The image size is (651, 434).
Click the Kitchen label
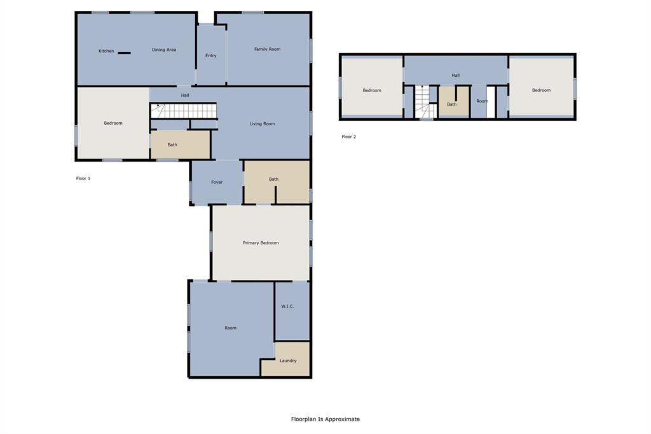pos(106,51)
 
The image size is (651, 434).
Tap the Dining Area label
pos(164,50)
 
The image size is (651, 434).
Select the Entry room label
pos(210,56)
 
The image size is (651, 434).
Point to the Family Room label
pos(267,49)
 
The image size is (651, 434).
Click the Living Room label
pos(262,123)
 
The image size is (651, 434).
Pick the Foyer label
pos(217,183)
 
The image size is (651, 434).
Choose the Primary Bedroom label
pos(261,243)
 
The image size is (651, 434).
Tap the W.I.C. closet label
pos(287,307)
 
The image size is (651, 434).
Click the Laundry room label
pos(288,361)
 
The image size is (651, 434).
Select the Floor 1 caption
pos(83,179)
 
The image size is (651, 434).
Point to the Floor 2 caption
pos(348,137)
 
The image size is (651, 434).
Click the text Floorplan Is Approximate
pos(325,419)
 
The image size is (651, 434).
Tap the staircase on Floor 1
pos(184,111)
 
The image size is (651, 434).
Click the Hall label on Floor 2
pos(456,76)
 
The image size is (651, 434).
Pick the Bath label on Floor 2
pos(451,104)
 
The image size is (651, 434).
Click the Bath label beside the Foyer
pos(273,179)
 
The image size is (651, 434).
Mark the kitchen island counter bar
pos(124,53)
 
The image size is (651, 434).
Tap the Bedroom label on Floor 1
pos(113,123)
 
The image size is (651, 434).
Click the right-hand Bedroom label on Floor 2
pos(541,90)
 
